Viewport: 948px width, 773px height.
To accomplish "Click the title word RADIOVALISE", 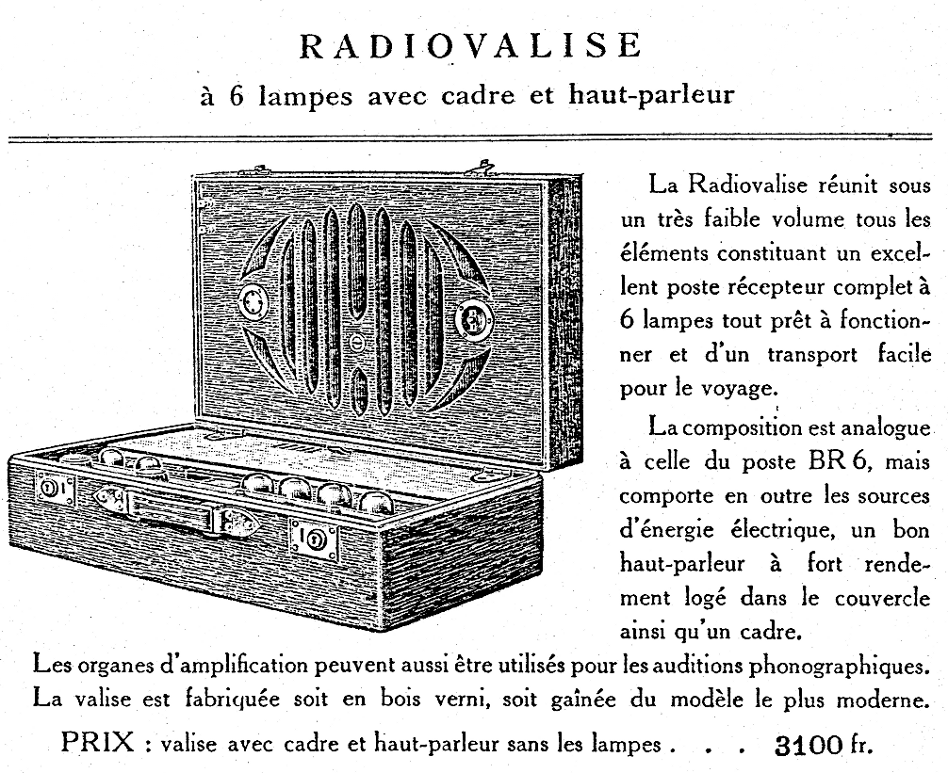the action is (472, 44).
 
